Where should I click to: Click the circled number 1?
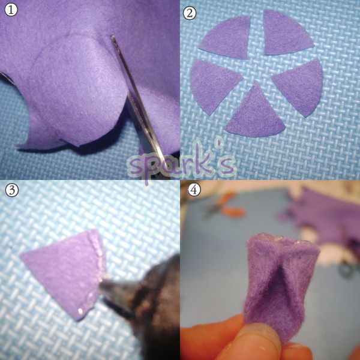tap(11, 10)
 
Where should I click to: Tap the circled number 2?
tap(190, 13)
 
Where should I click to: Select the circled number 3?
tap(12, 190)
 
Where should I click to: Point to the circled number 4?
tap(194, 190)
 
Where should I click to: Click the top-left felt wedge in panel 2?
tap(227, 38)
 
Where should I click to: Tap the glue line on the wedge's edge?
tap(97, 273)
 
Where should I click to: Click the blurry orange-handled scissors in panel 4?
tap(226, 206)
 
